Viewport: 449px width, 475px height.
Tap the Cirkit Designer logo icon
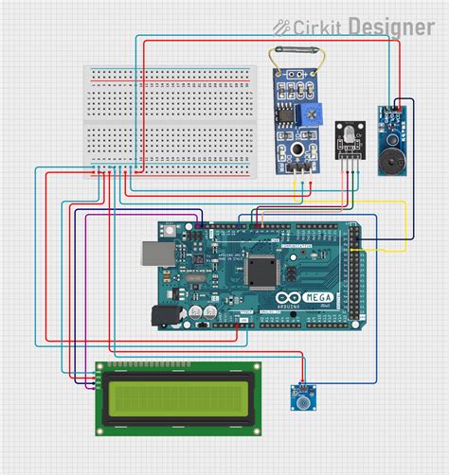(282, 27)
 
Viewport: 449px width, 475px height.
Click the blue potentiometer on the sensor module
(312, 114)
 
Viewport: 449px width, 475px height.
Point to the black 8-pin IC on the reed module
(282, 113)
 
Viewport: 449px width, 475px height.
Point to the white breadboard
(171, 121)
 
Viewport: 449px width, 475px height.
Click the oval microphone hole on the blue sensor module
(297, 149)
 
